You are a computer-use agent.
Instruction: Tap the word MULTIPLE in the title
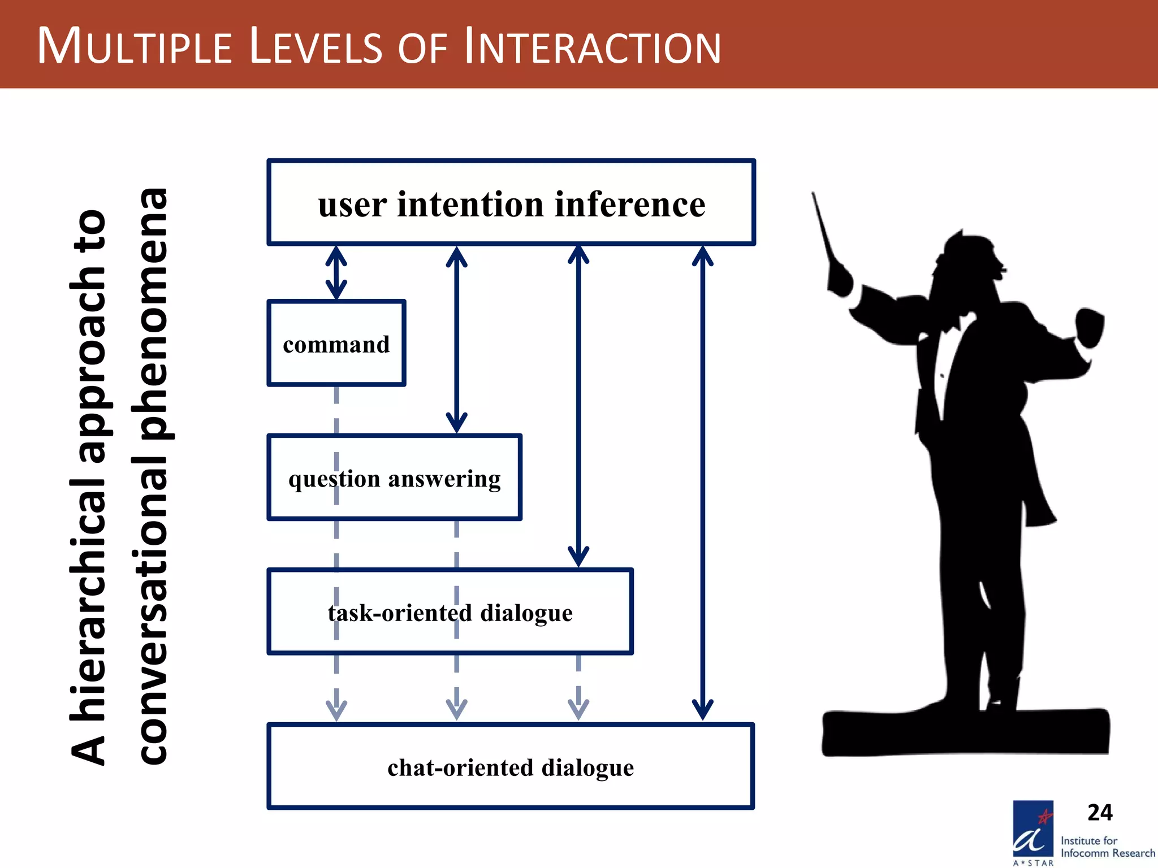point(135,46)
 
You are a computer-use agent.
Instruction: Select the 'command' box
point(336,344)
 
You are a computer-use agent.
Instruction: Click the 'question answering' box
point(394,478)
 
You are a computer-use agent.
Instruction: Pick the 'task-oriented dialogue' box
point(450,612)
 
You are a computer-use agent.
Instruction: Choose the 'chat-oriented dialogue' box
point(511,767)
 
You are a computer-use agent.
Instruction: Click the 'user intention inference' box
point(511,203)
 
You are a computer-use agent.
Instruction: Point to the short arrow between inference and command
point(336,273)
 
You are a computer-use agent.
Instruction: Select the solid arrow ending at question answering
point(456,339)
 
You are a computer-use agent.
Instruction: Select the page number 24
point(1100,813)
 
